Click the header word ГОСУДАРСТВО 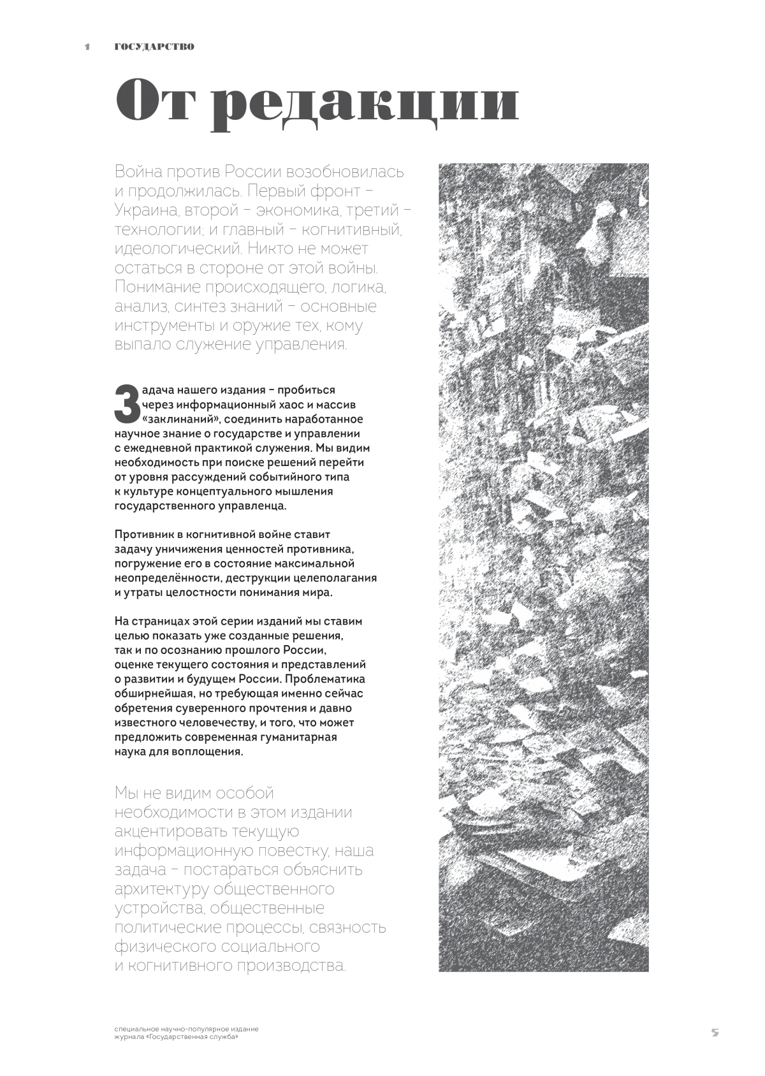[x=154, y=47]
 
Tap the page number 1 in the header [x=87, y=47]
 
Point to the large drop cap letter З [x=126, y=404]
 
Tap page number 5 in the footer [x=715, y=1033]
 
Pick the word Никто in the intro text [x=273, y=249]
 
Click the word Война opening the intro [x=138, y=172]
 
